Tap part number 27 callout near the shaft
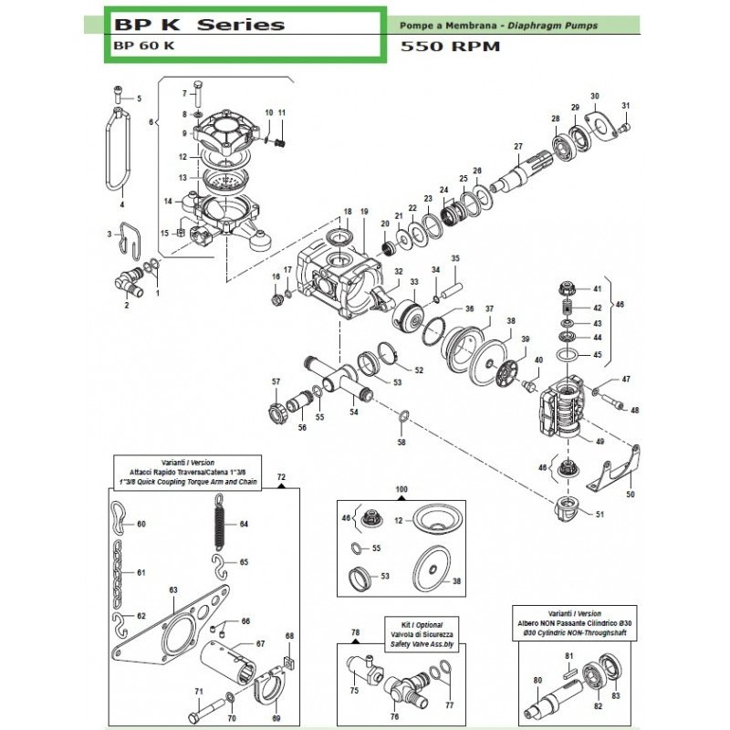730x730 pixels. tap(517, 147)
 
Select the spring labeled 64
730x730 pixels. tap(218, 526)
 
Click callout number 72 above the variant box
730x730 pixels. tap(281, 477)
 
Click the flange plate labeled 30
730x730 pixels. tap(598, 121)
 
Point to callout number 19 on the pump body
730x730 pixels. tap(363, 212)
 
